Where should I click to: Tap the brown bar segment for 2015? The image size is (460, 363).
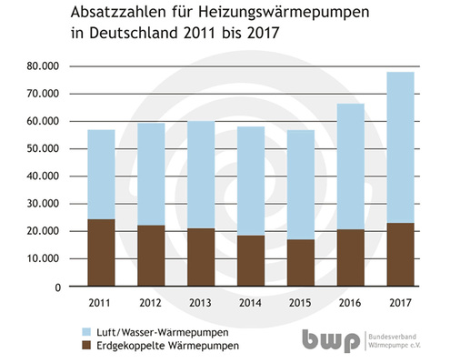coord(302,263)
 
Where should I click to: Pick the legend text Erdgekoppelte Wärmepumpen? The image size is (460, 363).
coord(165,347)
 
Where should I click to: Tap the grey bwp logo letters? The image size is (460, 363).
coord(331,339)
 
